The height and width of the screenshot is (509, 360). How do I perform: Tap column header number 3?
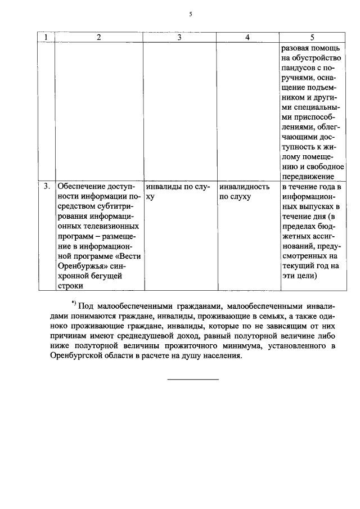coord(179,37)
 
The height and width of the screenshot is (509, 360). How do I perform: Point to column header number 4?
coord(247,37)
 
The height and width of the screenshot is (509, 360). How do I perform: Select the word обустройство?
coord(318,58)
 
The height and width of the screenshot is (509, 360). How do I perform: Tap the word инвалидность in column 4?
coord(244,186)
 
